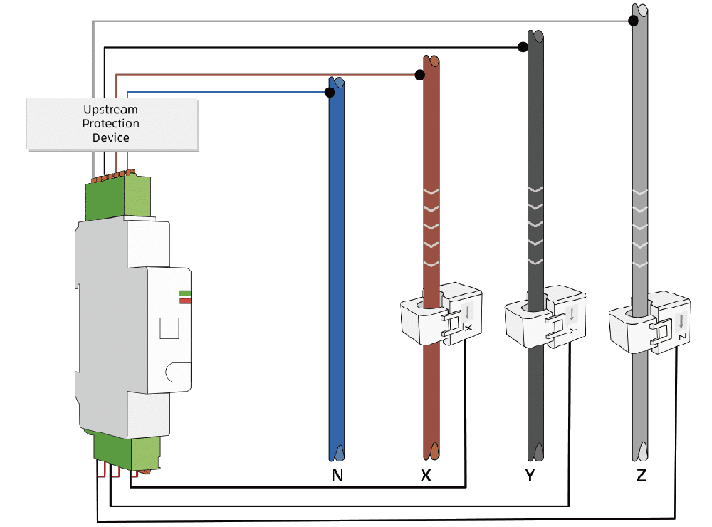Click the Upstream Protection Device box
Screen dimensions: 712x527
point(112,124)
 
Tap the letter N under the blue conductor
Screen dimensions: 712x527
point(337,475)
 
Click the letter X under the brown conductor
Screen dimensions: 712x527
point(426,475)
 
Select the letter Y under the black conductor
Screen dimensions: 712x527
point(530,475)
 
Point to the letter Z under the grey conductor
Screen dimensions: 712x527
point(642,475)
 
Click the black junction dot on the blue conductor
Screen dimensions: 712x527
point(330,93)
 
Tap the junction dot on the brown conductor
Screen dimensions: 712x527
point(419,75)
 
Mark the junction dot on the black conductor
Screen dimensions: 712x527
point(523,47)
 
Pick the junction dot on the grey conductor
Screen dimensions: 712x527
point(633,21)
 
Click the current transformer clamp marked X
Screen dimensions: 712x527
point(441,313)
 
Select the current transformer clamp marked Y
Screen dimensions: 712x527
point(545,316)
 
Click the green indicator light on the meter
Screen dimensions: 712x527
point(185,293)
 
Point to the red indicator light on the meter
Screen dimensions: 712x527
point(185,301)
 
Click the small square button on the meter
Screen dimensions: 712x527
point(169,328)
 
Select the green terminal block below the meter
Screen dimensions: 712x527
point(127,452)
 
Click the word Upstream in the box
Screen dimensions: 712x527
point(111,110)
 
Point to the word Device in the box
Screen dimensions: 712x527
point(111,137)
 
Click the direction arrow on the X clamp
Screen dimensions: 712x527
point(468,312)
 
